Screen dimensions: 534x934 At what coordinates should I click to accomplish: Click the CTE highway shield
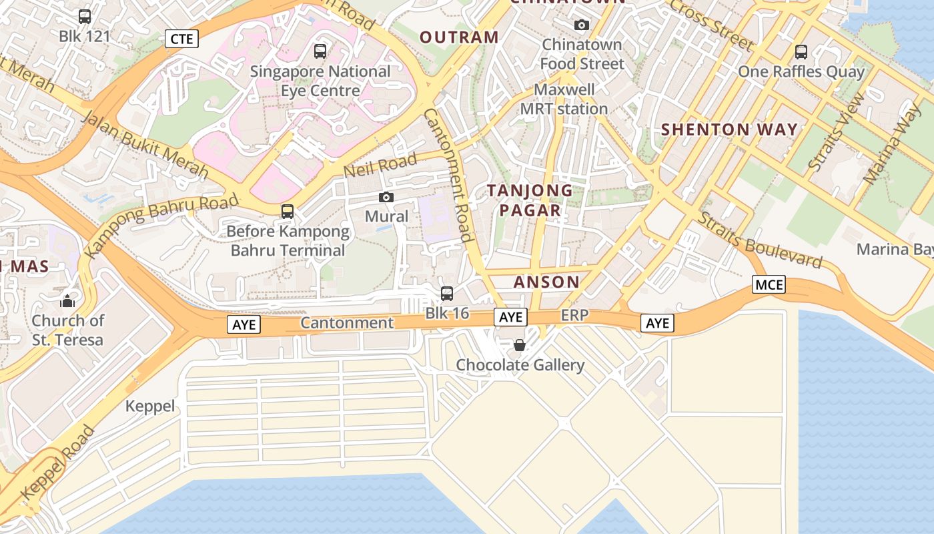(181, 39)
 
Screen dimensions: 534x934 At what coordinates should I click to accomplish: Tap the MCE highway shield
(769, 285)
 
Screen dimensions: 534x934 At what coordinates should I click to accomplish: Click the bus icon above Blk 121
(85, 17)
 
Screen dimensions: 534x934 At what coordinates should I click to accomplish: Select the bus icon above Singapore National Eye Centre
(320, 51)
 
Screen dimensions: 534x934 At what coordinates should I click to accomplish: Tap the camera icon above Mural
(386, 197)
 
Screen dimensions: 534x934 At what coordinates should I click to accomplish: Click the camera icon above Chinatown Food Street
(582, 25)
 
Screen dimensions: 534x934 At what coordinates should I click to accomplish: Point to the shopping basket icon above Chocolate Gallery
(520, 345)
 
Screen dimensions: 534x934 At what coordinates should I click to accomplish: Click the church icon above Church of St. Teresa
(67, 301)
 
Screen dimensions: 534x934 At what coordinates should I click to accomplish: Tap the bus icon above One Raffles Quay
(801, 51)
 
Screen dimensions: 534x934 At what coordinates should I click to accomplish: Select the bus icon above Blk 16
(447, 293)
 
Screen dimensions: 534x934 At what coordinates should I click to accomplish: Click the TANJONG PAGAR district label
(530, 200)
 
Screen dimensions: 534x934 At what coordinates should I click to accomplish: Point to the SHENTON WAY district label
(729, 129)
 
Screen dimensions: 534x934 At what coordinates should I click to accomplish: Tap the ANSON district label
(546, 282)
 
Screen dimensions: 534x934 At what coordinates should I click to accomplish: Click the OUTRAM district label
(459, 37)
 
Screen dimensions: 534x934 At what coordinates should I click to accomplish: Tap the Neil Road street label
(380, 164)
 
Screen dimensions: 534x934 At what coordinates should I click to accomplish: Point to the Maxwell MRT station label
(564, 99)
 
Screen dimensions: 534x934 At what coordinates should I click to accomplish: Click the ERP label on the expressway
(574, 315)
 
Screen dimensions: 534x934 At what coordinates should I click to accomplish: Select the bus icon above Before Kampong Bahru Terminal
(288, 212)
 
